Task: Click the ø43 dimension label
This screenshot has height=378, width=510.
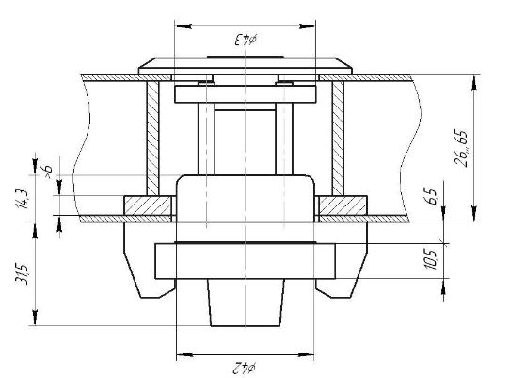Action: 246,40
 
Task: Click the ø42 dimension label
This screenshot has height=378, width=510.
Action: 245,369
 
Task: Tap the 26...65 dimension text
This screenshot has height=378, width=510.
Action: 461,148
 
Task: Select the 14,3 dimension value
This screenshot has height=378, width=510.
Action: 23,199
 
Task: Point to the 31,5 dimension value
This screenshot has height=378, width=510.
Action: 23,273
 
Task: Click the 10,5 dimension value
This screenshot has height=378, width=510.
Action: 432,260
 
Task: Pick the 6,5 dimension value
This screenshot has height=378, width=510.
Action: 432,196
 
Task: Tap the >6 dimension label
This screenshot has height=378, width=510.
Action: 47,172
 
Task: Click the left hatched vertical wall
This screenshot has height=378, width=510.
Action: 152,139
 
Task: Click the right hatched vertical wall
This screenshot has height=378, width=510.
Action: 338,139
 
